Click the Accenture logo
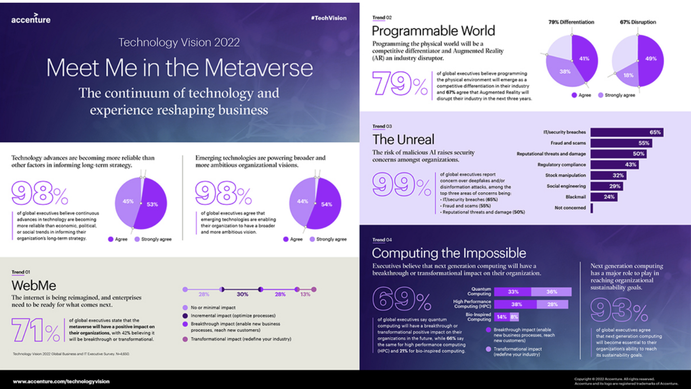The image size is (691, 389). click(31, 19)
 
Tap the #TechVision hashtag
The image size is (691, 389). click(328, 18)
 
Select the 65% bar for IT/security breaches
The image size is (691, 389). click(627, 132)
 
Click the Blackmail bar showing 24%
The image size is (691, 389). click(604, 197)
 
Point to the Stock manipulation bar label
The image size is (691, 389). click(565, 175)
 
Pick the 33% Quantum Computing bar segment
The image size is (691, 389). click(513, 292)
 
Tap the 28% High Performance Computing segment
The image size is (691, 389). click(552, 304)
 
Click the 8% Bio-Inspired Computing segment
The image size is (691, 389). click(514, 317)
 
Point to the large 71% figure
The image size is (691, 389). click(36, 330)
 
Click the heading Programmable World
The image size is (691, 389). click(433, 31)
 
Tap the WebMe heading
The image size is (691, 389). click(34, 286)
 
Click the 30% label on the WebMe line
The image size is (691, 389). click(242, 295)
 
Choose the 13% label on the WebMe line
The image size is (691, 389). click(305, 295)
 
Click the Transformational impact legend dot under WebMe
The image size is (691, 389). click(185, 339)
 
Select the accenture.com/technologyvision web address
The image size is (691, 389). click(61, 381)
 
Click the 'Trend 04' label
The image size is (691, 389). click(382, 240)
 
